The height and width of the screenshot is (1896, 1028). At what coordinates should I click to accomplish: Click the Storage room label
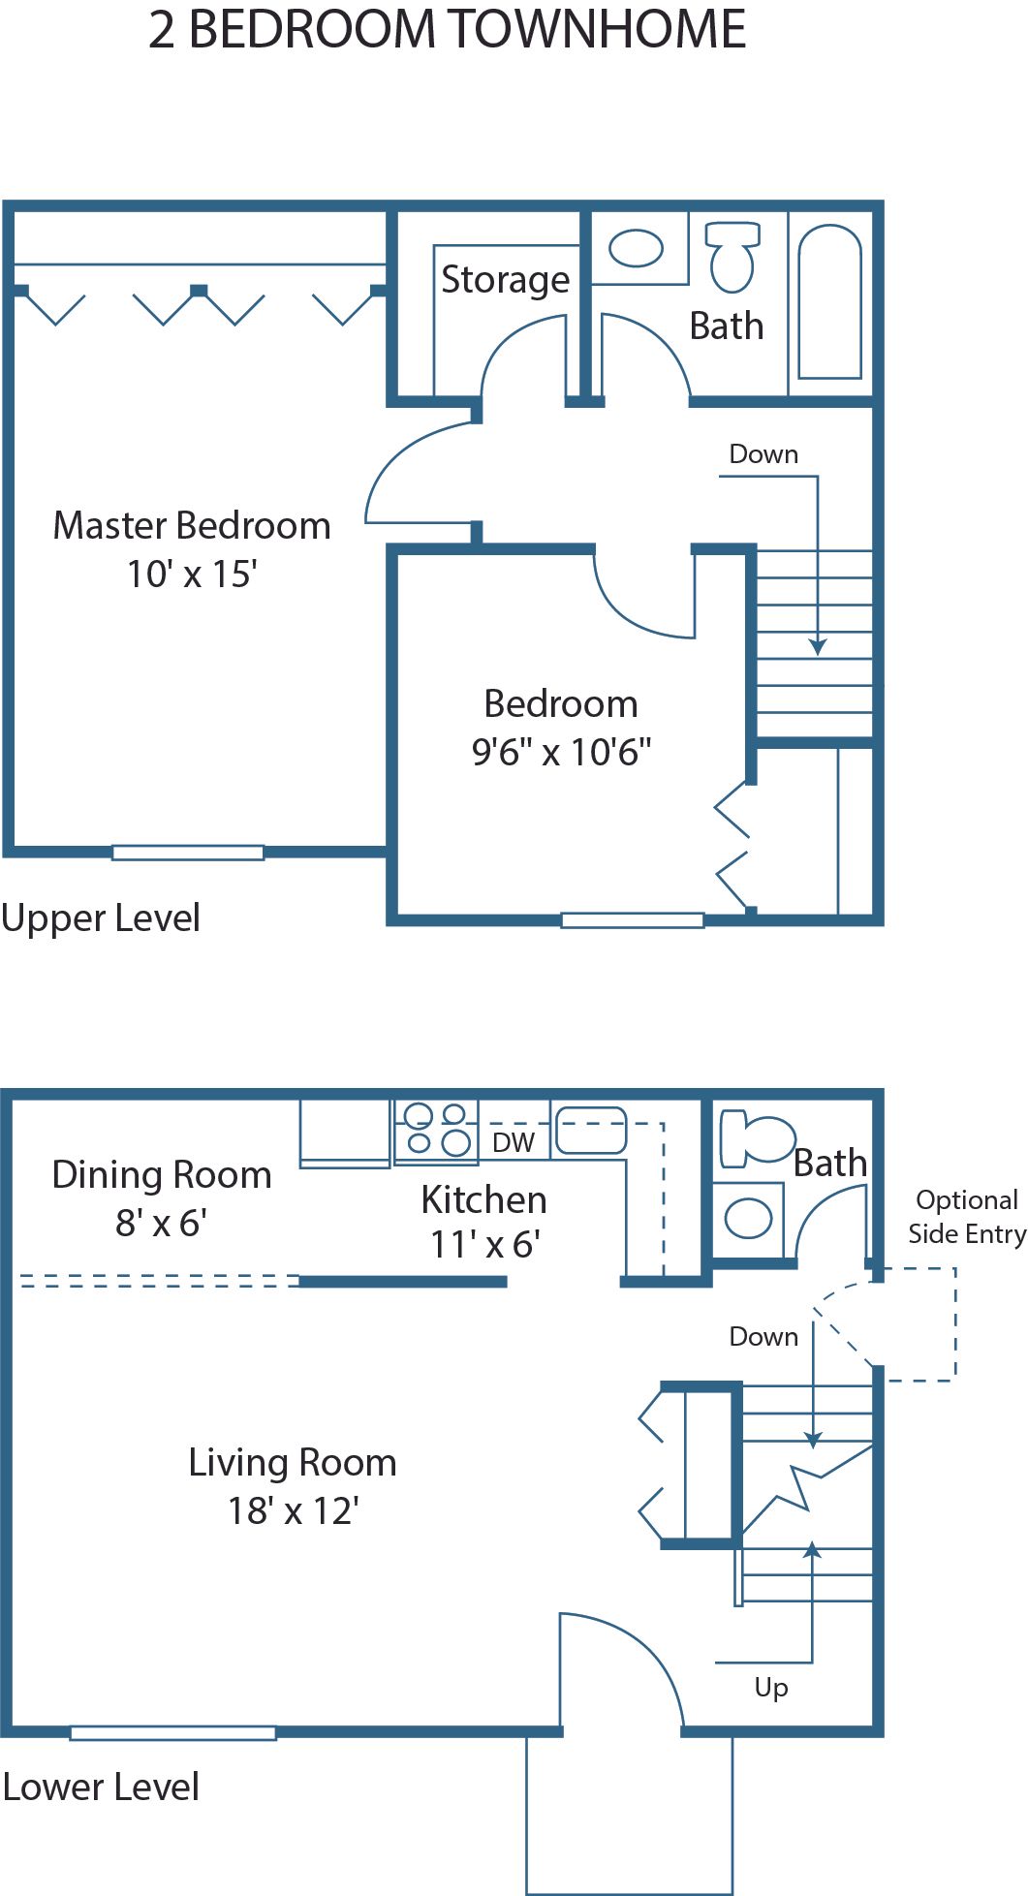tap(505, 280)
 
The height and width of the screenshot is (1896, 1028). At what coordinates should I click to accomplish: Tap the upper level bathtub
tap(829, 301)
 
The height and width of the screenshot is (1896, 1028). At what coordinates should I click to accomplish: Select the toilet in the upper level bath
tap(732, 256)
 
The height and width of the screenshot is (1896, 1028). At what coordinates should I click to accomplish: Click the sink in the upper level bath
tap(637, 248)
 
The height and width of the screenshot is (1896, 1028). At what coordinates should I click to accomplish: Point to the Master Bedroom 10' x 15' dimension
tap(192, 574)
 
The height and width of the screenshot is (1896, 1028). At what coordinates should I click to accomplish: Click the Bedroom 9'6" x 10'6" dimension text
tap(561, 751)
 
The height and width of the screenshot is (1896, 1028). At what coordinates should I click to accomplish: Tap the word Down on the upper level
tap(763, 453)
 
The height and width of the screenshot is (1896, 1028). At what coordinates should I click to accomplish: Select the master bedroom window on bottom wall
tap(188, 853)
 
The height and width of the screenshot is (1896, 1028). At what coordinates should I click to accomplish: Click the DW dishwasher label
tap(514, 1142)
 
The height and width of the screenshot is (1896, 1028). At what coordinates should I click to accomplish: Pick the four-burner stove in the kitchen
tap(436, 1129)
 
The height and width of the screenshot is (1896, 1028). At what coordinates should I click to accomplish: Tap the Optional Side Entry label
tap(966, 1217)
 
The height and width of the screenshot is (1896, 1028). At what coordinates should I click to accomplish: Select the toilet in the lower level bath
tap(756, 1137)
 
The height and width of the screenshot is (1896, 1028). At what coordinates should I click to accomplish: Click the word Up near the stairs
tap(771, 1687)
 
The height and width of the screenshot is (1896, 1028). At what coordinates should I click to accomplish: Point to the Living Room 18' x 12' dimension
tap(293, 1510)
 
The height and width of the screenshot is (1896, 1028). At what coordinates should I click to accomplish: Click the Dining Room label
tap(162, 1174)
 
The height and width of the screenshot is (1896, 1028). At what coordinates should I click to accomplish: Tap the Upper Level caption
tap(101, 917)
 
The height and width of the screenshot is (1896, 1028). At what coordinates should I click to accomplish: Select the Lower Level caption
tap(101, 1787)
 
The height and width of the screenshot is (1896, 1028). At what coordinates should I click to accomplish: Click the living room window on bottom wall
tap(173, 1733)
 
